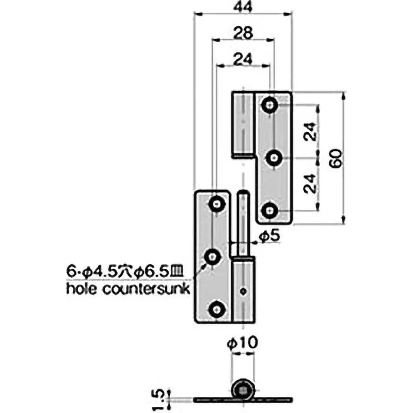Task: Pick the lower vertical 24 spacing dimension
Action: coord(310,183)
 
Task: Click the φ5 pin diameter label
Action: coord(269,236)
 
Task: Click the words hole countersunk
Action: coord(129,288)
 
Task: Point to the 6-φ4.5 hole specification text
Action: coord(129,270)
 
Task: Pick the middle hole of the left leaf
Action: coord(212,256)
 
